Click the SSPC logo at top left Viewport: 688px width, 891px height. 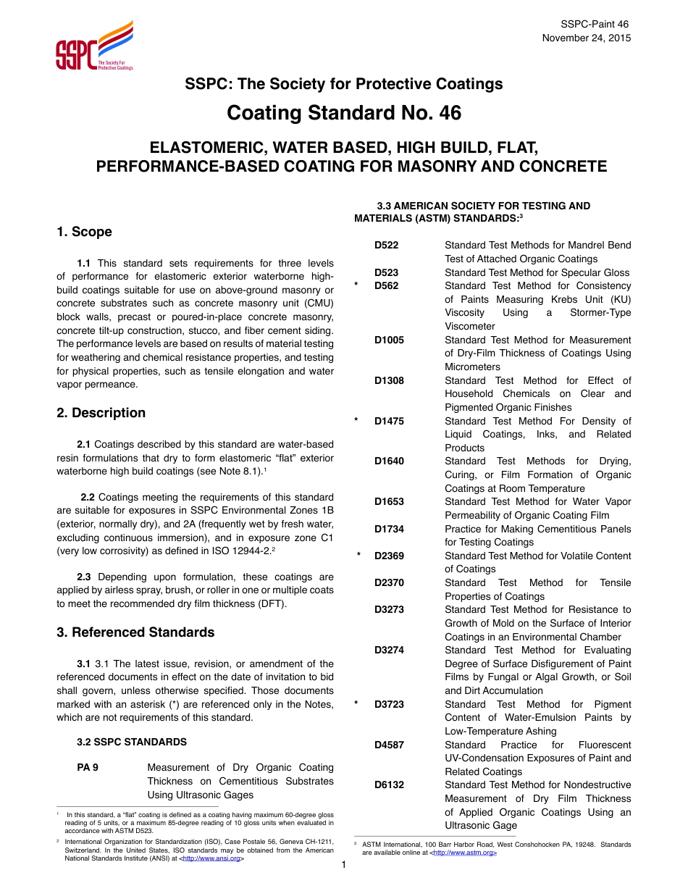94,46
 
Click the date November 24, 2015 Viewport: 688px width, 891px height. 586,38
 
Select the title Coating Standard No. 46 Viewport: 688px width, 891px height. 343,114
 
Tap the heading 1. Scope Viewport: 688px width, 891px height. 84,232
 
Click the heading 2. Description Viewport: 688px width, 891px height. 101,413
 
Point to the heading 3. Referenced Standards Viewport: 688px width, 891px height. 135,632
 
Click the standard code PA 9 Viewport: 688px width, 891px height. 88,768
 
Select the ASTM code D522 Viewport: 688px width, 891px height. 386,246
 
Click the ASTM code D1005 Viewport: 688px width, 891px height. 389,340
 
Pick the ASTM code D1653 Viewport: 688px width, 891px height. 389,501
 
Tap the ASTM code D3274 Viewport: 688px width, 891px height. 389,650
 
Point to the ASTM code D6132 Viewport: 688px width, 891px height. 389,785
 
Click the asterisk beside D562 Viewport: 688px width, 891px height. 357,286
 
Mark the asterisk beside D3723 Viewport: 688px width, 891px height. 357,705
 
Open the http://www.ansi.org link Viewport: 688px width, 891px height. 211,858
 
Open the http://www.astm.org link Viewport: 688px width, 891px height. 464,853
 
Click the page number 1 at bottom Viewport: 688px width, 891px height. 344,865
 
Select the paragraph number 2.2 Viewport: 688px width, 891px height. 88,497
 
